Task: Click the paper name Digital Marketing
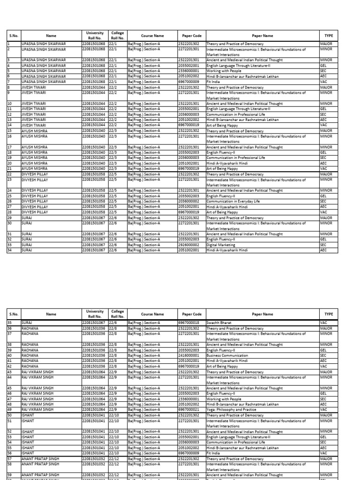click(218, 245)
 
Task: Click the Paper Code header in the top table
click(191, 35)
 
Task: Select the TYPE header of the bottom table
click(329, 315)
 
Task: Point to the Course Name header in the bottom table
click(152, 315)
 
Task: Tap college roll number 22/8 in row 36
click(113, 329)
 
